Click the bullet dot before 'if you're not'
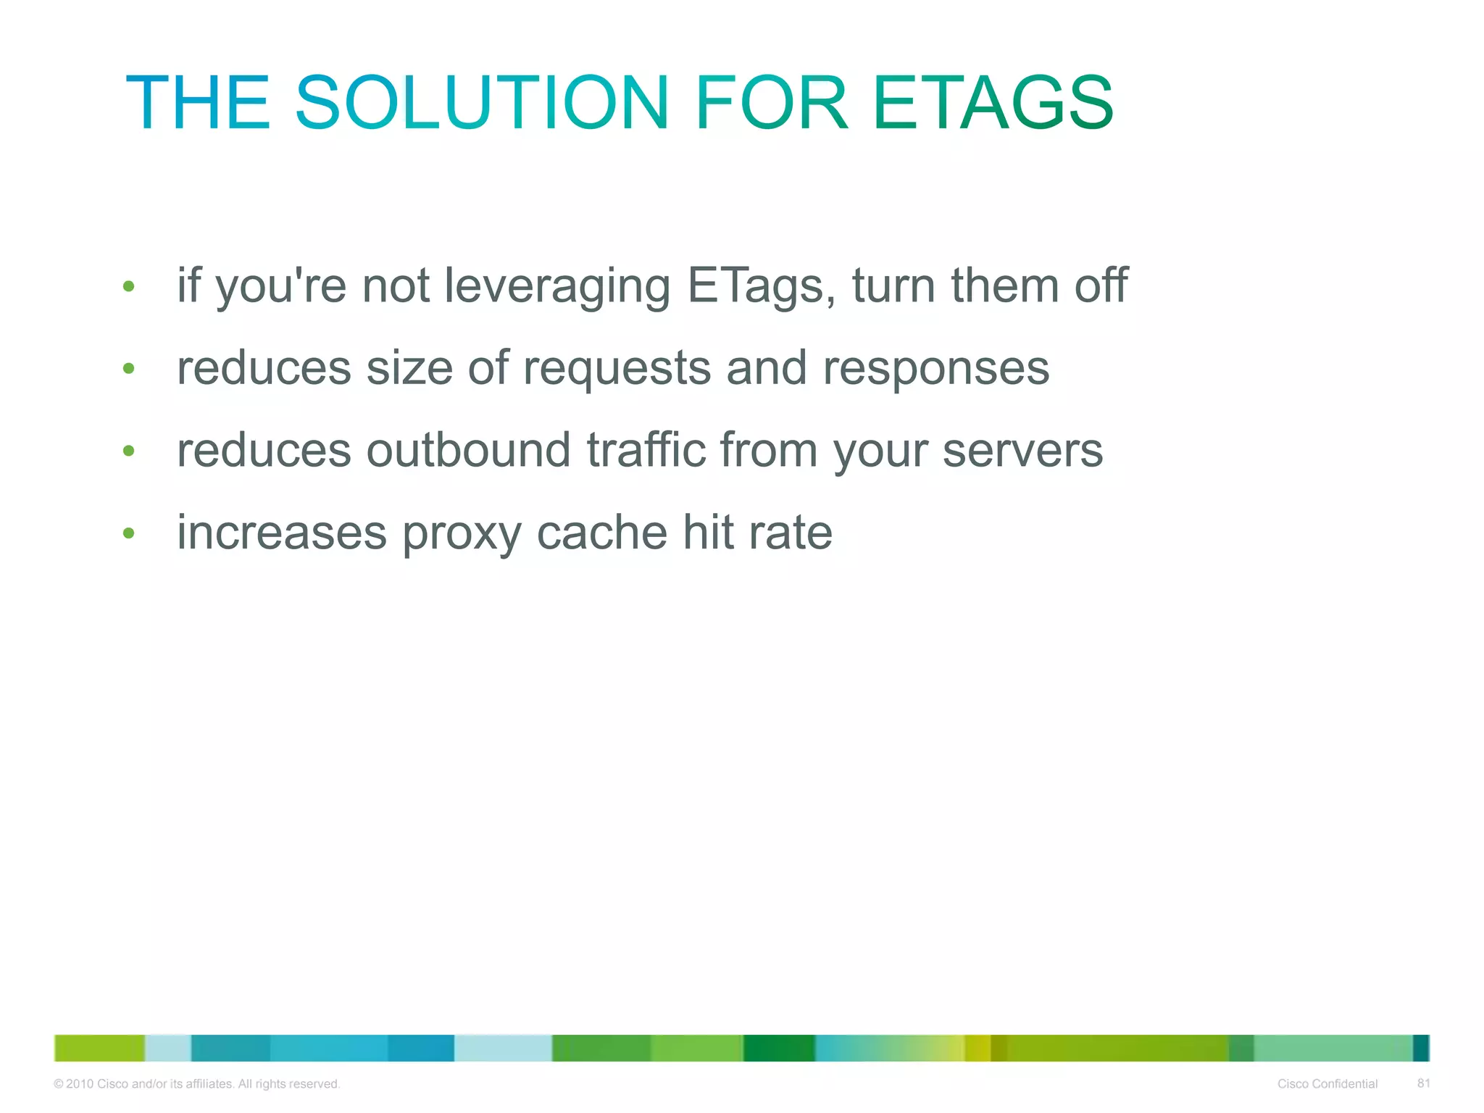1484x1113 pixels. [x=129, y=286]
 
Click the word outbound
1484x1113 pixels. [x=468, y=450]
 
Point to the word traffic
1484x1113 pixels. [x=646, y=450]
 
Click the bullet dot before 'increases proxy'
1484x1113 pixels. [x=129, y=534]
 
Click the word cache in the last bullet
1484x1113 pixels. [x=601, y=533]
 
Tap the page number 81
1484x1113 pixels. [x=1423, y=1083]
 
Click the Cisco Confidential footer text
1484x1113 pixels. [x=1327, y=1084]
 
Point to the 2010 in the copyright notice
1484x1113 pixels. [x=80, y=1084]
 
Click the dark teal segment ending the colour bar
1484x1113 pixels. [x=1420, y=1048]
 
